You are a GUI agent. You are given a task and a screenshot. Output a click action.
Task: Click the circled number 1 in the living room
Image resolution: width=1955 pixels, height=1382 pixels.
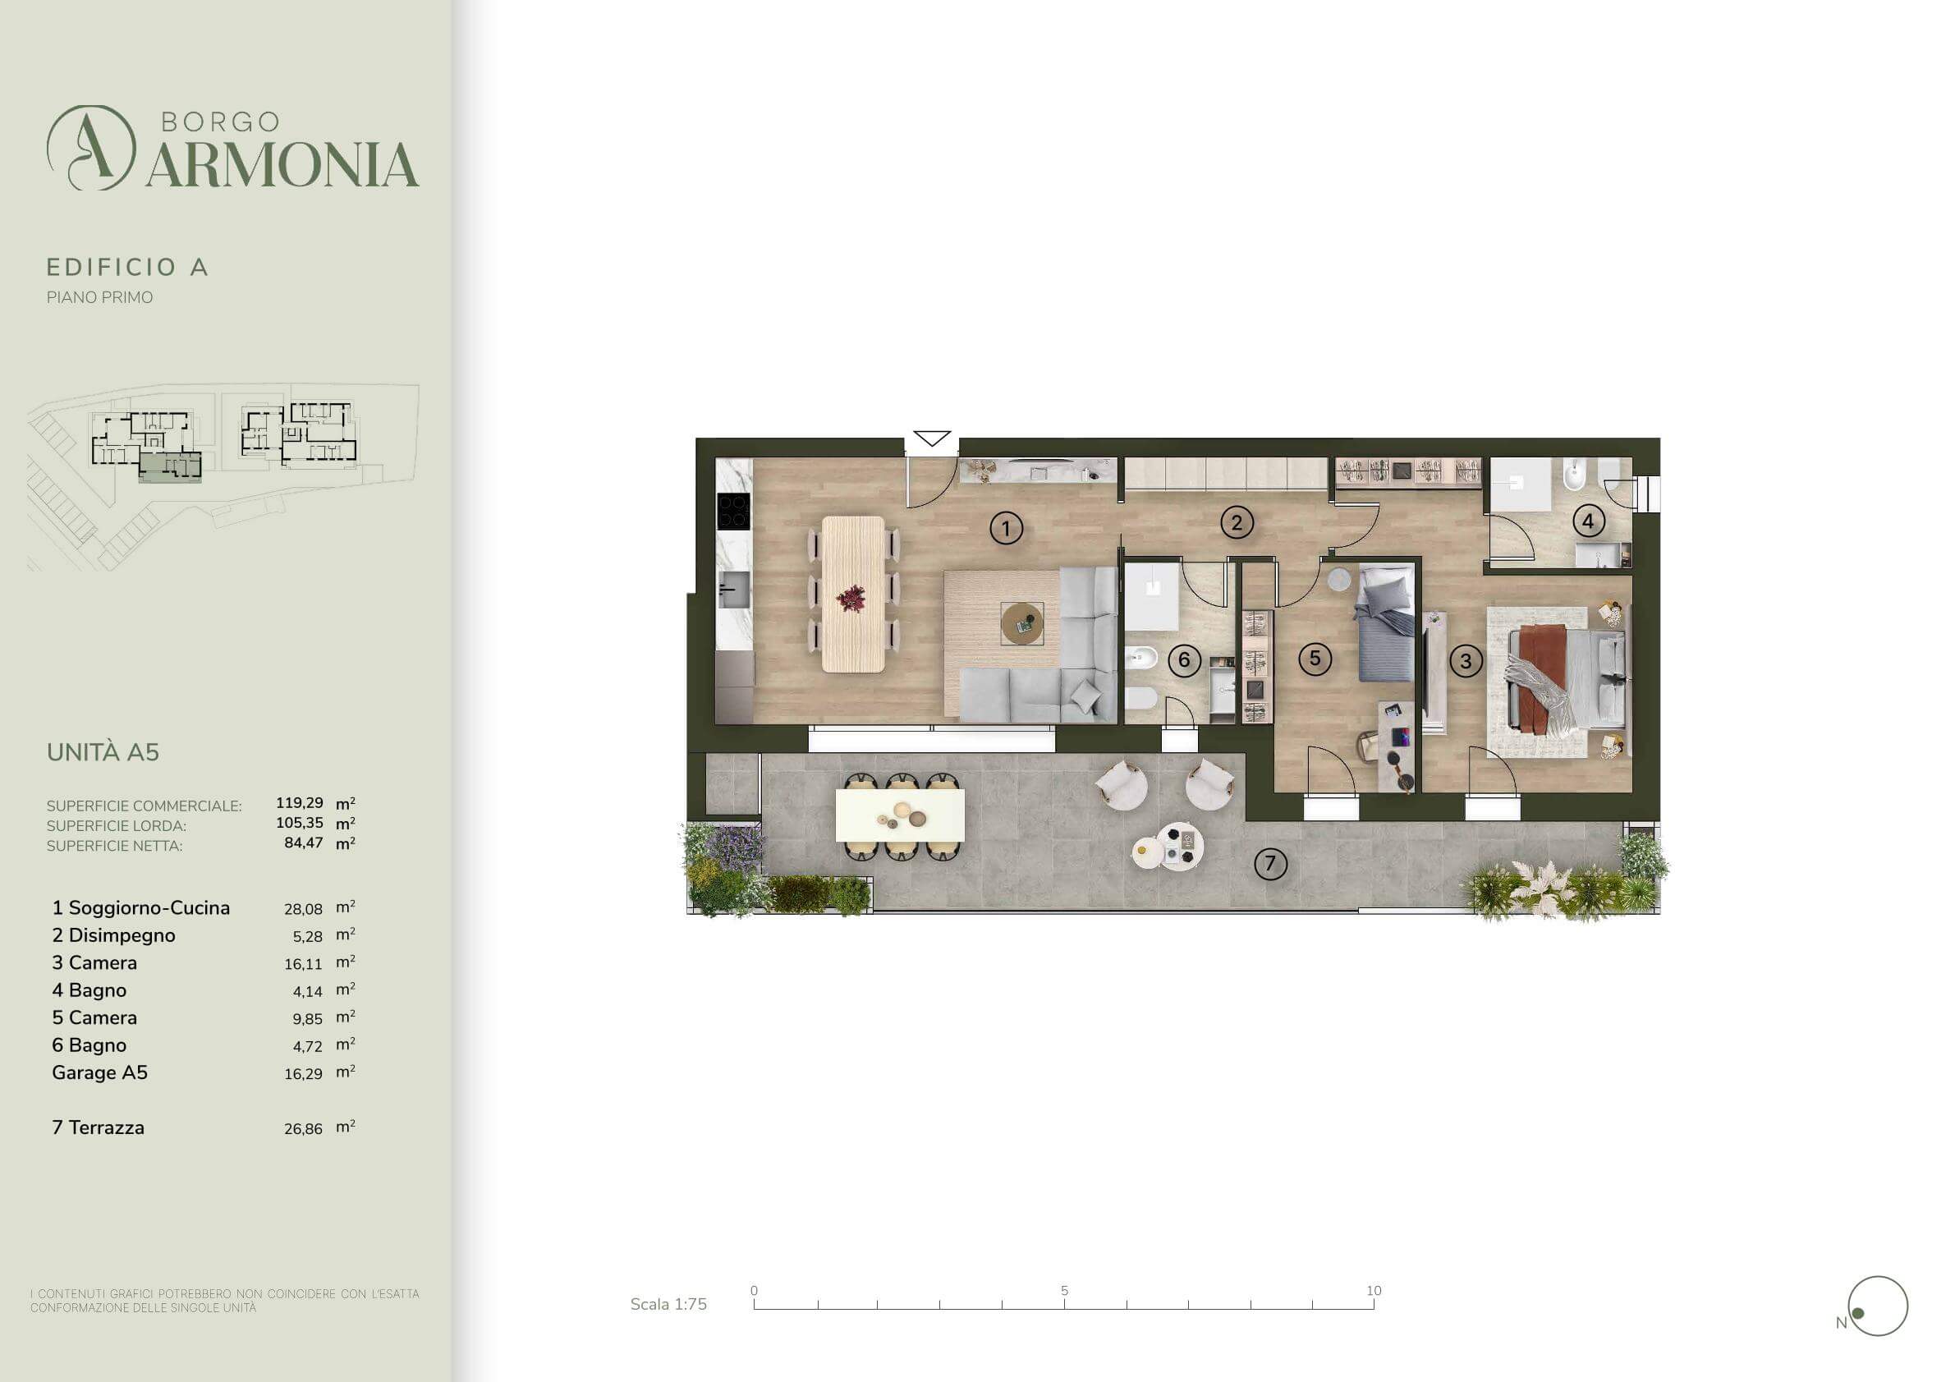1006,529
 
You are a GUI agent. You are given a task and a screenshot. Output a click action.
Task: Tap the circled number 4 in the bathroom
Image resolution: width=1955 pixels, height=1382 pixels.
1588,521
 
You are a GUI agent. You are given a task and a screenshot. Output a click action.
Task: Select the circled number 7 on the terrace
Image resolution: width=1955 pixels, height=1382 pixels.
1270,863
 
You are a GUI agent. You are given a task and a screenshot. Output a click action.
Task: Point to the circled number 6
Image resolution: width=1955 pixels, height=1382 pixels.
1183,660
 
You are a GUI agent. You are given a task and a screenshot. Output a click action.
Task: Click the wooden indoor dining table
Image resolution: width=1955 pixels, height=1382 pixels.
853,595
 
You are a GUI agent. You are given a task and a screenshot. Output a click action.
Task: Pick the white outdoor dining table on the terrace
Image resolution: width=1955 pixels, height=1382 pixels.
900,815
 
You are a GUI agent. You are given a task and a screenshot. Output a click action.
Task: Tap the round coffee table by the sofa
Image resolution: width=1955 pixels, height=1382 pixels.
1021,623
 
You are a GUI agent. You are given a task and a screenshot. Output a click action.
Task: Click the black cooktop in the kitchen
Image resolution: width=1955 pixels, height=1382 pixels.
733,512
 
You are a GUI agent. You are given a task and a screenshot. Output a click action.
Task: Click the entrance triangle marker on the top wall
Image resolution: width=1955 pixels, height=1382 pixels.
932,438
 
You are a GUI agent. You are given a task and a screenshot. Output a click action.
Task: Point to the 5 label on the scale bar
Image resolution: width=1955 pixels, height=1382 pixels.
1064,1290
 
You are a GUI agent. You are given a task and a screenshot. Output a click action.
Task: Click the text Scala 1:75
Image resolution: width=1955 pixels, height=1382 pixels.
668,1304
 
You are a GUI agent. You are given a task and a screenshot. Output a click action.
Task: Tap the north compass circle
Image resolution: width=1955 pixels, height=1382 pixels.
1878,1306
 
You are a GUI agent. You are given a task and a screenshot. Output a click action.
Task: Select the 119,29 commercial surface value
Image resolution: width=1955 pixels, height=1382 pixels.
300,802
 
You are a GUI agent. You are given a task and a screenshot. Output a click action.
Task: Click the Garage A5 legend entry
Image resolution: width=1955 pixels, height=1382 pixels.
99,1072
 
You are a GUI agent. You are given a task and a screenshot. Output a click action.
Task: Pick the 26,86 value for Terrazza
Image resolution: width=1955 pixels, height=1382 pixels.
303,1129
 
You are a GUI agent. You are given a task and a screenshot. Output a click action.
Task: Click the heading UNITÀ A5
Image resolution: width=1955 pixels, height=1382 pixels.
103,752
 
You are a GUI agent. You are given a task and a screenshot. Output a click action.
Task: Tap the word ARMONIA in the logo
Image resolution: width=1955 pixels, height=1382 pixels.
282,164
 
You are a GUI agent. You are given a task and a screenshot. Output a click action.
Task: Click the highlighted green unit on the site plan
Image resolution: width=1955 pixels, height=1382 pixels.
170,466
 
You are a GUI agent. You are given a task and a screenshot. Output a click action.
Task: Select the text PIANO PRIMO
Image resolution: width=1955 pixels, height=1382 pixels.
99,297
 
